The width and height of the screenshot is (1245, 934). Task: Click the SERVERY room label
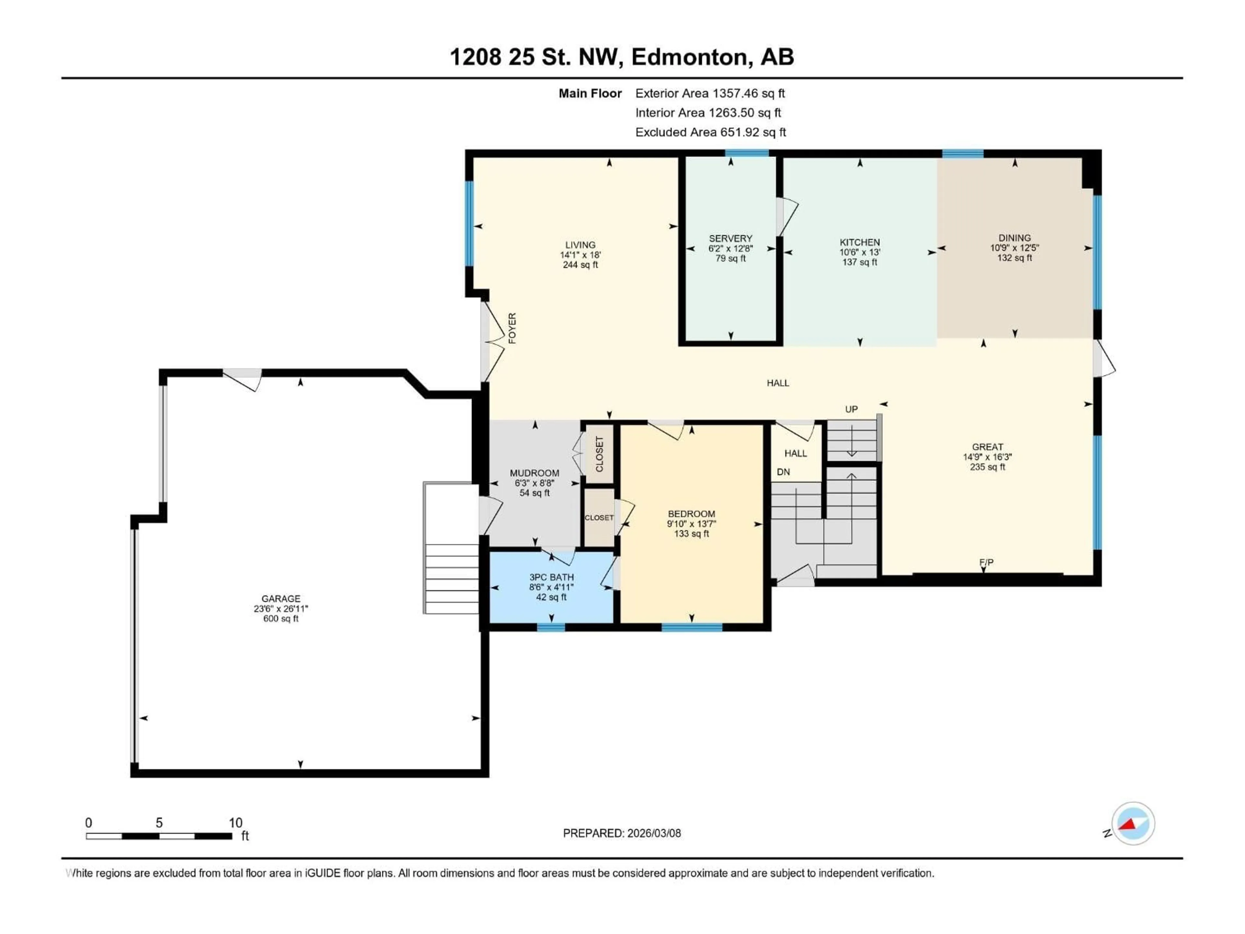[x=730, y=238]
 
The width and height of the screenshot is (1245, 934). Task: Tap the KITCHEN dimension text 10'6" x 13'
[x=860, y=252]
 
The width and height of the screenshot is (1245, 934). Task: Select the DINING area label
[x=1014, y=238]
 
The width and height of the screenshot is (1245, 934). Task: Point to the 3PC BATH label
[x=551, y=577]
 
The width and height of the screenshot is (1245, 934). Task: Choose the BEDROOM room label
[x=691, y=513]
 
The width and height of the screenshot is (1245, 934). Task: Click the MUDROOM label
[x=534, y=473]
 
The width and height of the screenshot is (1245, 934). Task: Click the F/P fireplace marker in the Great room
[x=986, y=562]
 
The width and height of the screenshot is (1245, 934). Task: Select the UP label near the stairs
[x=851, y=409]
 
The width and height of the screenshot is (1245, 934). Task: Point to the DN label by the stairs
[x=783, y=472]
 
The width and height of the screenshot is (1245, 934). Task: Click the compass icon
[x=1132, y=823]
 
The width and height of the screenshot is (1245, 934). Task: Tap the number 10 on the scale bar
[x=235, y=822]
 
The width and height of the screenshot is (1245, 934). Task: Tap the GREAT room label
[x=987, y=447]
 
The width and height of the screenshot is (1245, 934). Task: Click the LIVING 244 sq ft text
[x=580, y=265]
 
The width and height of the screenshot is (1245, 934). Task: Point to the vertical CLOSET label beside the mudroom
[x=599, y=454]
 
